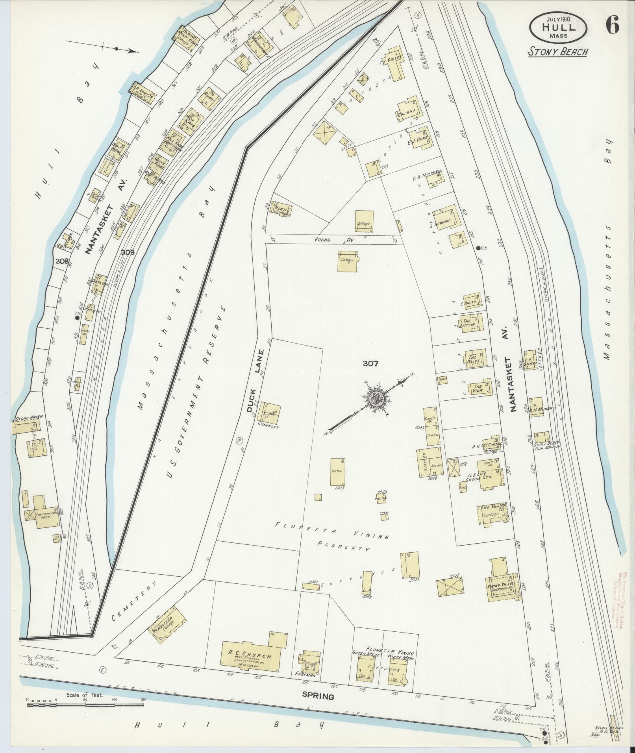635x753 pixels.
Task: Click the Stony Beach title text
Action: point(558,52)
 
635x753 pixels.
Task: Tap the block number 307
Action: point(370,363)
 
